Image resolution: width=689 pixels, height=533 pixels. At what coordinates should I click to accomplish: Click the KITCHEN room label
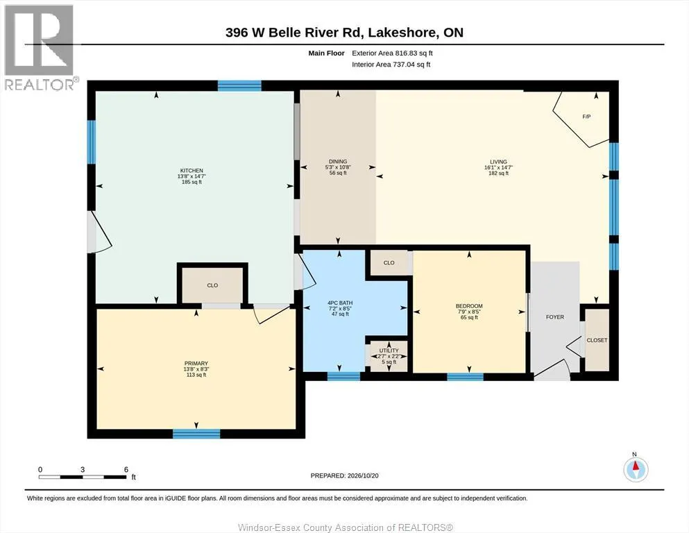(192, 171)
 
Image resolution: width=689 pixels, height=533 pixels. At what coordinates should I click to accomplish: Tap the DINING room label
(338, 161)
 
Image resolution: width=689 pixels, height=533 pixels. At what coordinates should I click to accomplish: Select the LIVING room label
(498, 162)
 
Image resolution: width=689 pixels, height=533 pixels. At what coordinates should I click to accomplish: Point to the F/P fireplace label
(586, 117)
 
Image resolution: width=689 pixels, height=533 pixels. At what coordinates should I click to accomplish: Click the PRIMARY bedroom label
(196, 364)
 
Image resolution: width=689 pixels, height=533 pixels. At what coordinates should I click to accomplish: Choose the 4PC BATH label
(340, 303)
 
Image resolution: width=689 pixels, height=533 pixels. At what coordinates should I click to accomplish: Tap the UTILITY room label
(389, 350)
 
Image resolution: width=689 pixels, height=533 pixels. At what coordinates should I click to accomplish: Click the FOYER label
(555, 316)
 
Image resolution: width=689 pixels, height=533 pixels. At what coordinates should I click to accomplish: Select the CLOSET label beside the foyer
(597, 340)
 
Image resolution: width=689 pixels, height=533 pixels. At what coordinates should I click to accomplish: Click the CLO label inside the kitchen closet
(213, 285)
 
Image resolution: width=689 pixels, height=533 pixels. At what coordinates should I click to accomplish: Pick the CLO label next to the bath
(389, 263)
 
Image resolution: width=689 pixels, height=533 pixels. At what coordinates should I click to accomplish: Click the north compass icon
(636, 469)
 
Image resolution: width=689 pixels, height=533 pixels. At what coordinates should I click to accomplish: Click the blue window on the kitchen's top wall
(239, 85)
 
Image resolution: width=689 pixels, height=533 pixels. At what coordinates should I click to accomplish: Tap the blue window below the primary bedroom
(196, 434)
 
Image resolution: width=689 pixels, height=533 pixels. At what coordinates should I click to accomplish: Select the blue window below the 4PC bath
(343, 376)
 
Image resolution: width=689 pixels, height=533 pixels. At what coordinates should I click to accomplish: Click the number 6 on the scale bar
(126, 469)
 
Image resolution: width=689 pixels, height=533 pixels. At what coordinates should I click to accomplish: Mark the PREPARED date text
(344, 475)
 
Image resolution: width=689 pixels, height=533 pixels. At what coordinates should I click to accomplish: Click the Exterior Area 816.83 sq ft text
(393, 53)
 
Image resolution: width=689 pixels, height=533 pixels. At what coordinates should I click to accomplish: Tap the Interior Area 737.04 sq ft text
(391, 65)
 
